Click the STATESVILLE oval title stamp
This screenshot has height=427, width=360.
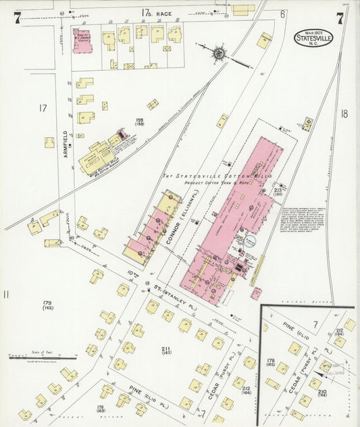[313, 38]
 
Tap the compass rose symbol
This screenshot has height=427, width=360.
[220, 53]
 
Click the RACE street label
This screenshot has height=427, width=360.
[163, 13]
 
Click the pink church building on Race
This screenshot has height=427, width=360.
[82, 41]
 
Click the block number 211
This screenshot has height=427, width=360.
[166, 349]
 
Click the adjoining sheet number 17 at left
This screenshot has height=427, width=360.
[43, 107]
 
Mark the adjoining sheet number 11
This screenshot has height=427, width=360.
[6, 294]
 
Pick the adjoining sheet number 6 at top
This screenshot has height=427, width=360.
[282, 14]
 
